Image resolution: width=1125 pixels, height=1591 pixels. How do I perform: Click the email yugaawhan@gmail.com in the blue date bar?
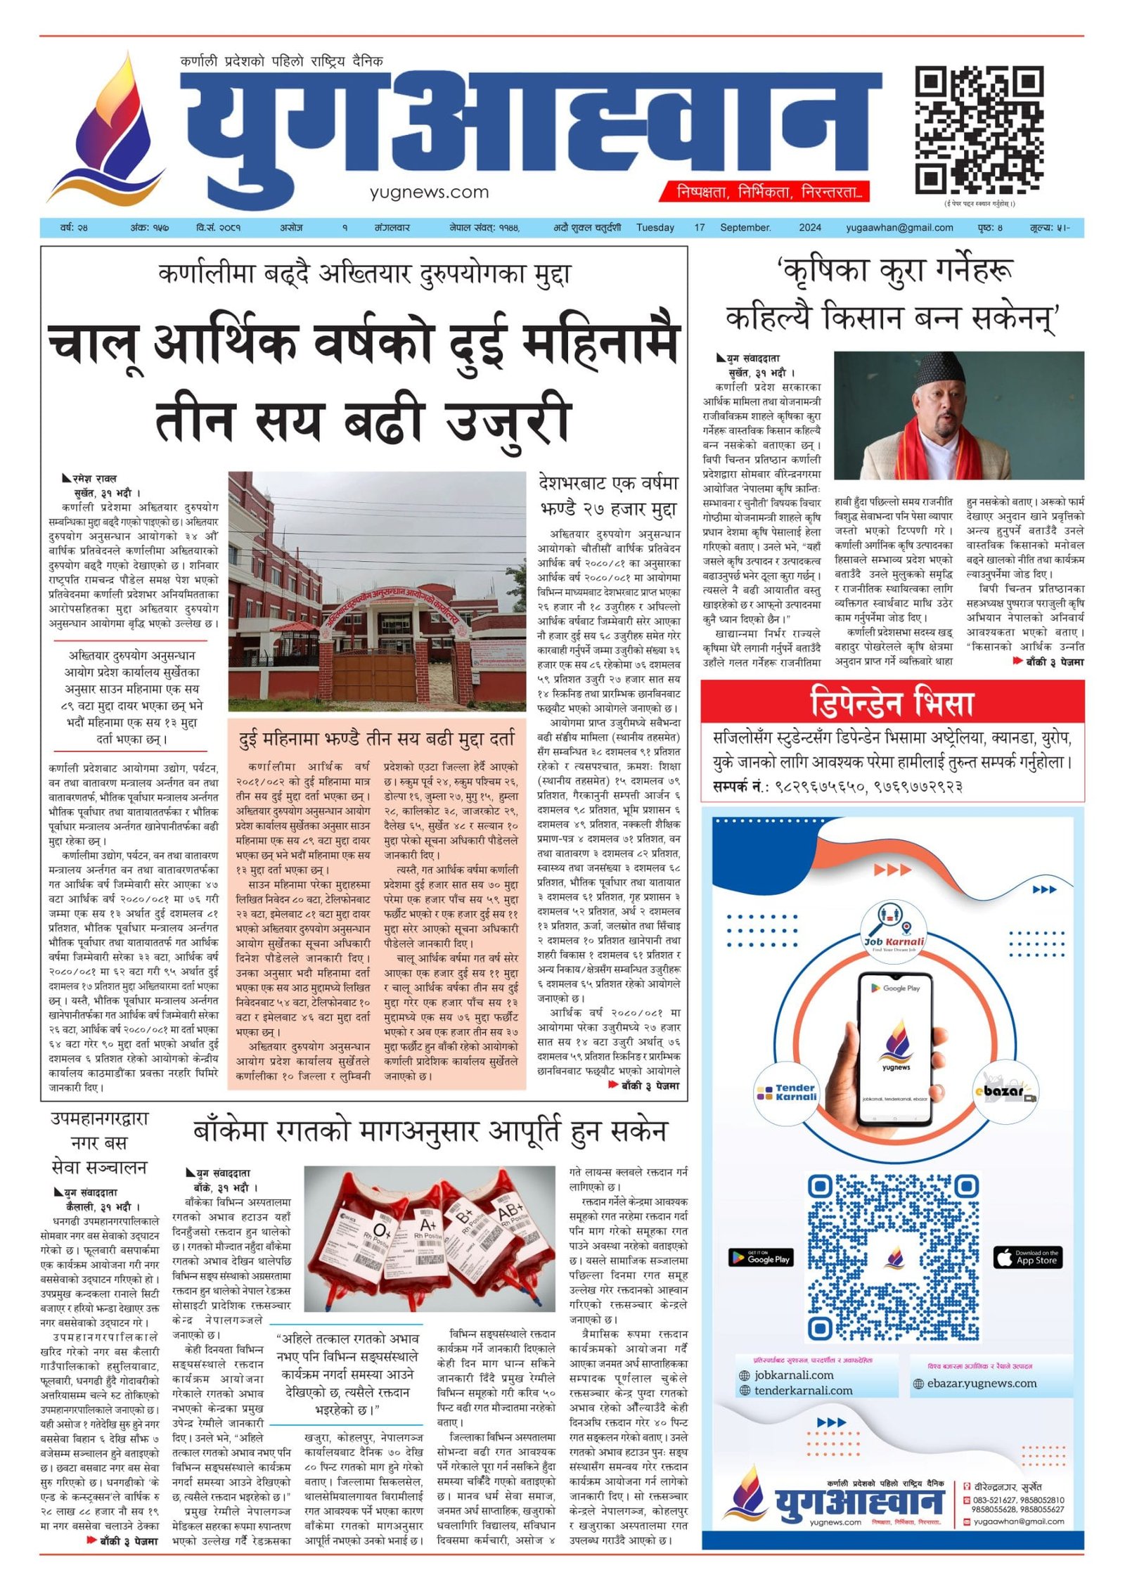(x=899, y=228)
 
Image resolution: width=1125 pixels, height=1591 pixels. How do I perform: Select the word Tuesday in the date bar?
(x=655, y=228)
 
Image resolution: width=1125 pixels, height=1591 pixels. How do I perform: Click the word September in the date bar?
(x=745, y=228)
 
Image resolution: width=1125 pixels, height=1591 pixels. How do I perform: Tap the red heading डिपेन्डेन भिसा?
(x=892, y=702)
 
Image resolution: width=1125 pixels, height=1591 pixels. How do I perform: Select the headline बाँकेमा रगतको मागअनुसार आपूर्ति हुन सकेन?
(x=430, y=1131)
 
